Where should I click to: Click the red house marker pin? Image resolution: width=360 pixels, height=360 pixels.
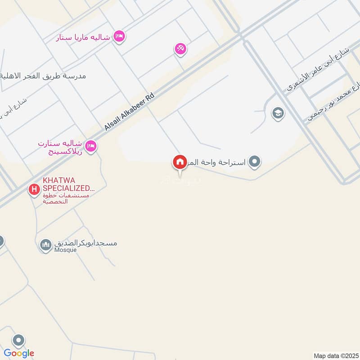pyautogui.click(x=180, y=162)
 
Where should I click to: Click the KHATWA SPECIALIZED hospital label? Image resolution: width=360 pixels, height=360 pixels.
pyautogui.click(x=69, y=184)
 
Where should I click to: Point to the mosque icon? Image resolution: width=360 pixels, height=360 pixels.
pyautogui.click(x=45, y=245)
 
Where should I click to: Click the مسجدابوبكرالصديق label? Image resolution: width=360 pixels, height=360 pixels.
pyautogui.click(x=85, y=243)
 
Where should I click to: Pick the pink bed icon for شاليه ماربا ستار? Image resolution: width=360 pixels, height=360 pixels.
pyautogui.click(x=119, y=36)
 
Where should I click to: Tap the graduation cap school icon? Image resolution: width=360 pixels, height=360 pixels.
pyautogui.click(x=278, y=113)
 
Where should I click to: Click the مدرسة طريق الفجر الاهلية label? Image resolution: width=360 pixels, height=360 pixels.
pyautogui.click(x=43, y=76)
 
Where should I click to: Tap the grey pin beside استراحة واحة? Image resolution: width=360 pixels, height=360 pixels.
pyautogui.click(x=255, y=161)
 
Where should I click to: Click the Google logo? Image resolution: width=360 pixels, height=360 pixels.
pyautogui.click(x=19, y=353)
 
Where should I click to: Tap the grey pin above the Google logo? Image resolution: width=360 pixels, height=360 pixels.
pyautogui.click(x=18, y=341)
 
